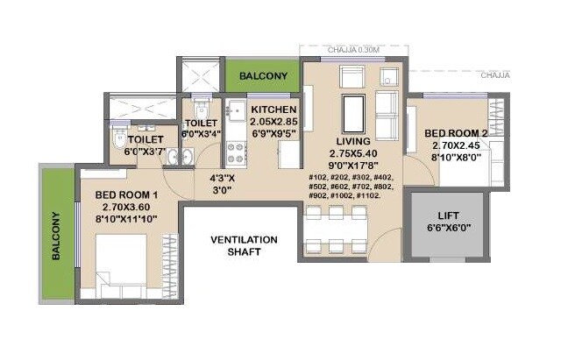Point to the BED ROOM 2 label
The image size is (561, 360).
point(457,134)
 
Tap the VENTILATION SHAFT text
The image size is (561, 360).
point(245,245)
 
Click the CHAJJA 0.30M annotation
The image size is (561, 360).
point(353,51)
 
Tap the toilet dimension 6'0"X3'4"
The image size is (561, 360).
point(201,134)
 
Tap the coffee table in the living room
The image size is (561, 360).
point(353,114)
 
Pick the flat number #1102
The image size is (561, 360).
point(368,196)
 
